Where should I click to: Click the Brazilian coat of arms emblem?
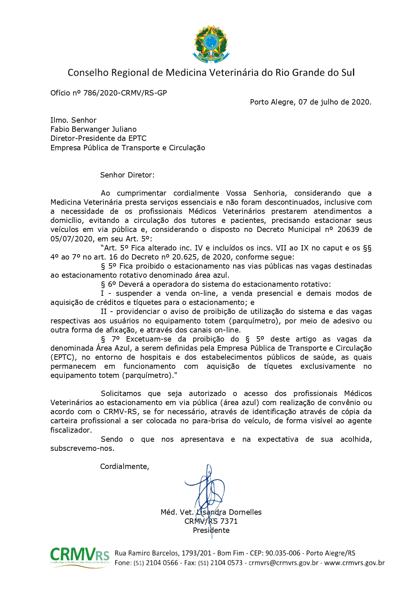211,44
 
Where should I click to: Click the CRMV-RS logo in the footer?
80,558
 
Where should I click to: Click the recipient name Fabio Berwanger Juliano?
93,129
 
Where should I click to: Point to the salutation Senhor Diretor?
127,175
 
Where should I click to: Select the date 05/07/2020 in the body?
71,239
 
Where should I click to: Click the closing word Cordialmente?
124,467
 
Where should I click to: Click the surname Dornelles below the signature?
245,512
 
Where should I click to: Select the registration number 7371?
229,521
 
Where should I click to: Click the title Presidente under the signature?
211,530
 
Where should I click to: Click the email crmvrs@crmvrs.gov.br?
283,563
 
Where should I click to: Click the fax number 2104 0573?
226,563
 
